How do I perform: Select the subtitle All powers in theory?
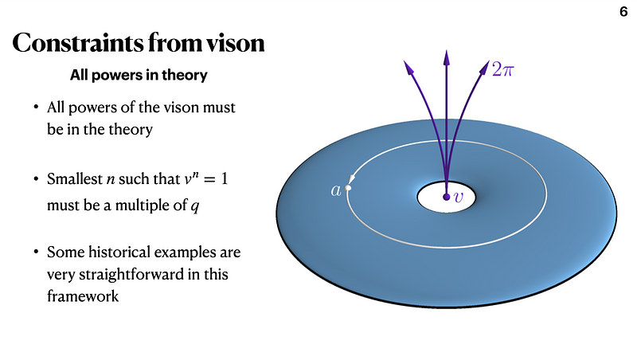point(139,76)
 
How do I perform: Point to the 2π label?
point(502,71)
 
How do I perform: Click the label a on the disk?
point(336,190)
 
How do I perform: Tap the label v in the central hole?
point(458,197)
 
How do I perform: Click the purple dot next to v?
point(447,196)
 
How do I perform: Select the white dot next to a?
point(348,189)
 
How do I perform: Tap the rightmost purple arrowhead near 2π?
point(484,67)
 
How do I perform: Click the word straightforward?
point(131,275)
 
